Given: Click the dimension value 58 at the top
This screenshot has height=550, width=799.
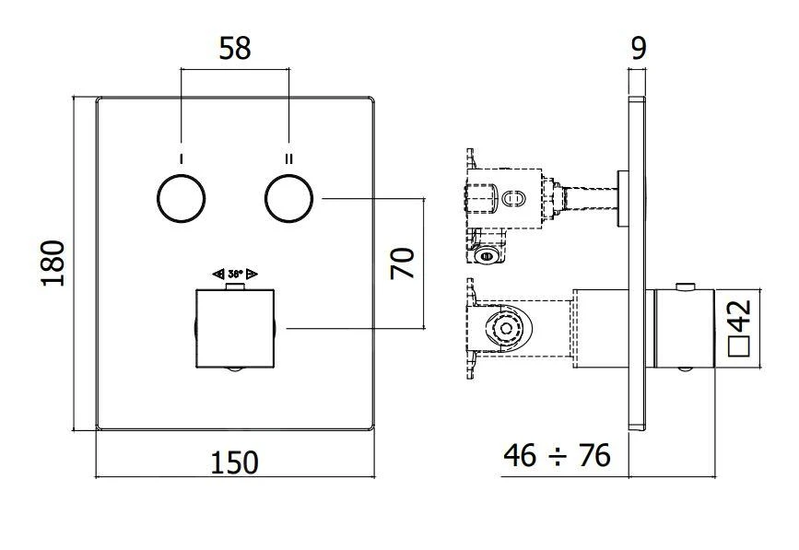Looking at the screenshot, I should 235,48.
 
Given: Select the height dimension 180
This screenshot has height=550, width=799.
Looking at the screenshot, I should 53,263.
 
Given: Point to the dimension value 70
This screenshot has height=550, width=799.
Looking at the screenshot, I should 402,263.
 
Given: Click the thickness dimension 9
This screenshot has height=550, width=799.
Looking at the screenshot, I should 637,48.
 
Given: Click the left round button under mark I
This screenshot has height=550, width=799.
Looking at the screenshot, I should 182,198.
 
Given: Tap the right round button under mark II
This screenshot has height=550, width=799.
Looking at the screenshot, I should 289,198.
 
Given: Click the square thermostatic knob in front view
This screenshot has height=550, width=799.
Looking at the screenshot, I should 235,327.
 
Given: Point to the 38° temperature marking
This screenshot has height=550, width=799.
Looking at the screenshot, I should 235,274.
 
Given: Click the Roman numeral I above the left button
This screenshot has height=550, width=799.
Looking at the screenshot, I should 182,158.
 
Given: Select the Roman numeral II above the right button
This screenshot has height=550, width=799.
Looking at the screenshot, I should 289,158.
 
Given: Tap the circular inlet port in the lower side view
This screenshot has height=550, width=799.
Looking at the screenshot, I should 504,329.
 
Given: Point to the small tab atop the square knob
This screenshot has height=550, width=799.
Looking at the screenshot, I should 235,287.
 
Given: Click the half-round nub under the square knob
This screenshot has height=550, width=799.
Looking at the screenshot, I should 235,370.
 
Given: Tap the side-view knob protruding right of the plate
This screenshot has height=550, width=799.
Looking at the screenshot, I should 683,328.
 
